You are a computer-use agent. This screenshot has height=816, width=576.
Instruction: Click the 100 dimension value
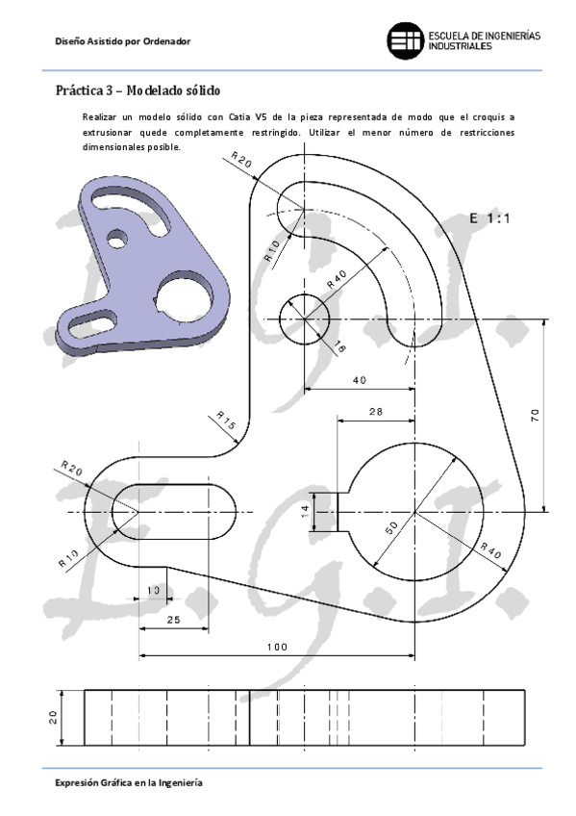pyautogui.click(x=277, y=647)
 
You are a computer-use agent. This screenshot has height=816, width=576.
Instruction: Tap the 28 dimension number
pyautogui.click(x=375, y=411)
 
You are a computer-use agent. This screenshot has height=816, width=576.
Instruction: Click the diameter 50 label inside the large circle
pyautogui.click(x=392, y=529)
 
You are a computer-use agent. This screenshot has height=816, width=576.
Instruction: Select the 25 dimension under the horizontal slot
pyautogui.click(x=173, y=620)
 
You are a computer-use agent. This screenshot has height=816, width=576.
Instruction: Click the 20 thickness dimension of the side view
pyautogui.click(x=54, y=717)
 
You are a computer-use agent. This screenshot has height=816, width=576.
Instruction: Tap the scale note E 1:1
pyautogui.click(x=489, y=218)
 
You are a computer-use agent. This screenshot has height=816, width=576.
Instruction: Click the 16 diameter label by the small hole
pyautogui.click(x=338, y=346)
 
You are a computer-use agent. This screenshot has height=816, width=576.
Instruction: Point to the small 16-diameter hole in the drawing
pyautogui.click(x=304, y=319)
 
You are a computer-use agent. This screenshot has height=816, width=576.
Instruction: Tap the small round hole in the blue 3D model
pyautogui.click(x=118, y=236)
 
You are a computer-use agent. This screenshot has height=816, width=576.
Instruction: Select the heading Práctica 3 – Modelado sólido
pyautogui.click(x=138, y=91)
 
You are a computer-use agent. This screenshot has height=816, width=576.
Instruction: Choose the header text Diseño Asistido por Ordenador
pyautogui.click(x=123, y=41)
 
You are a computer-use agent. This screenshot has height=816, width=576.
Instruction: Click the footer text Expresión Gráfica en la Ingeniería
pyautogui.click(x=128, y=783)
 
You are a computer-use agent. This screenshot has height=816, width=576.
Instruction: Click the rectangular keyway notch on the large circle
pyautogui.click(x=339, y=511)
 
